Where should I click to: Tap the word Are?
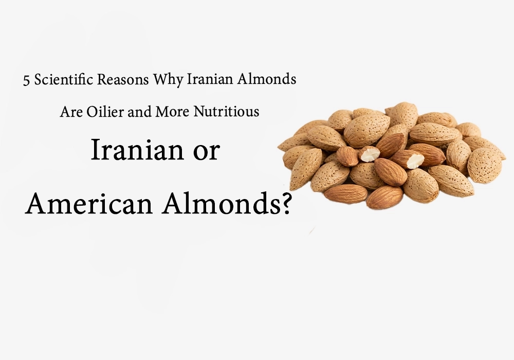pyautogui.click(x=70, y=112)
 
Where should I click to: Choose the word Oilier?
pyautogui.click(x=103, y=112)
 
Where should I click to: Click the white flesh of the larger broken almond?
pyautogui.click(x=414, y=160)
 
